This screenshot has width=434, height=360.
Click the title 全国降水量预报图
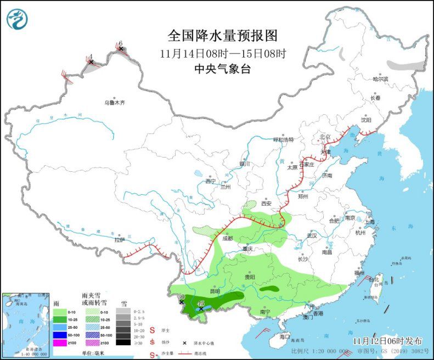point(222,36)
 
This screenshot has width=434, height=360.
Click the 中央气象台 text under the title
point(222,69)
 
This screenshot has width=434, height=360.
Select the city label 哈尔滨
point(380,79)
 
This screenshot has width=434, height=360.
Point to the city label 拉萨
point(120,240)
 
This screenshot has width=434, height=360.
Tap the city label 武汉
point(312,235)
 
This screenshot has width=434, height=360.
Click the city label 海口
point(284,336)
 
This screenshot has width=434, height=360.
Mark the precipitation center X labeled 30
point(182,302)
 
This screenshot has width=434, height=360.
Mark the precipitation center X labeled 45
point(201,308)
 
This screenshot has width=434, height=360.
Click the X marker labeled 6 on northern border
point(121,49)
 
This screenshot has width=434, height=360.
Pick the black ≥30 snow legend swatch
point(123,342)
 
